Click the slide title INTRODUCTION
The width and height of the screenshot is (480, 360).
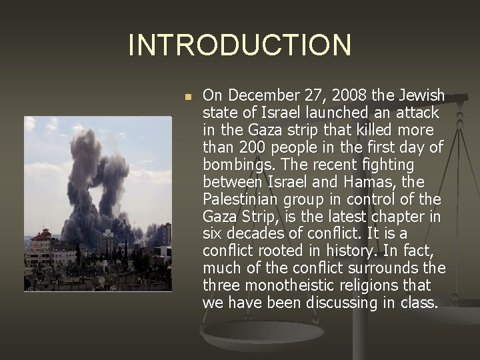(239, 45)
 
